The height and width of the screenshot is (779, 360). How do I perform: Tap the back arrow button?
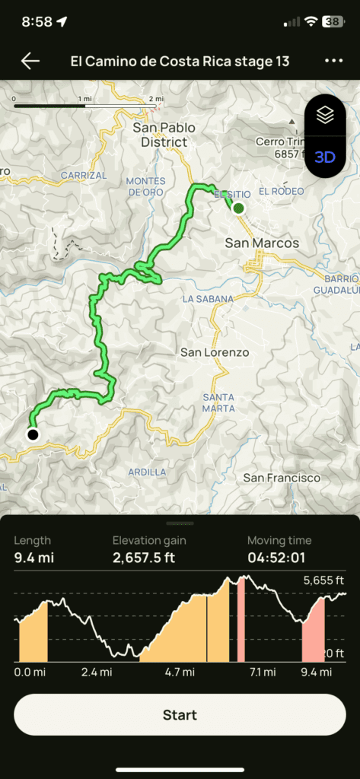[30, 62]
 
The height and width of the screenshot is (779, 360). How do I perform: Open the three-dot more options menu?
[333, 62]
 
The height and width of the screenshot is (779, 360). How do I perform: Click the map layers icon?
[325, 115]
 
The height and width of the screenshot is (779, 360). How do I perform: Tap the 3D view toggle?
[325, 157]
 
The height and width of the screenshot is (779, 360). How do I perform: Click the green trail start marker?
[239, 208]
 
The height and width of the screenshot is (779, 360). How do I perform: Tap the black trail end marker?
[33, 434]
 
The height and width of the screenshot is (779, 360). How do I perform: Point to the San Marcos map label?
[262, 243]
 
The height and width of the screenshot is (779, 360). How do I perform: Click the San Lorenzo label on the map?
[215, 353]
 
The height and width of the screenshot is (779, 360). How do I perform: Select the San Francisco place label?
[282, 478]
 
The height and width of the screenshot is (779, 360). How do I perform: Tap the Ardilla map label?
[148, 472]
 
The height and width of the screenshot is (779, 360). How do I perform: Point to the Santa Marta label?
[218, 403]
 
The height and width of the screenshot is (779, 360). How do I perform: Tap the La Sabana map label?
[208, 299]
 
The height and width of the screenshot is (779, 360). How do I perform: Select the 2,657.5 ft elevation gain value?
[149, 557]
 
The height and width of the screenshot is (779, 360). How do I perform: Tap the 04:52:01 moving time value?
[279, 557]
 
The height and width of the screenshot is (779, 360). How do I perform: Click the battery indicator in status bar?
[333, 22]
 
